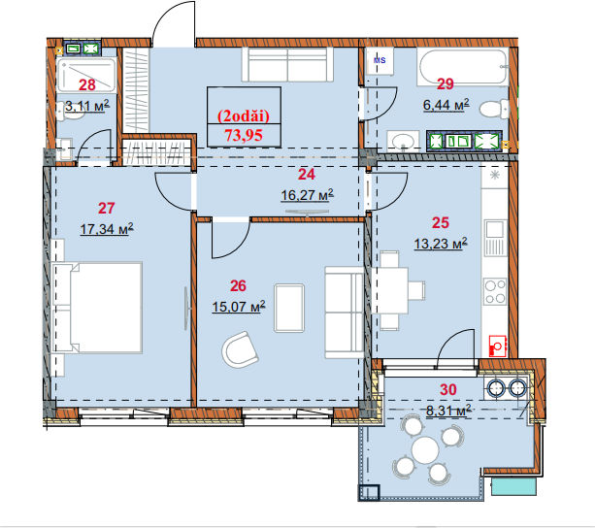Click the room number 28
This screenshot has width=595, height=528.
(x=87, y=85)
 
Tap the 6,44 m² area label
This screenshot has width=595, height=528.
(x=446, y=104)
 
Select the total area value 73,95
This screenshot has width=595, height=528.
(x=244, y=135)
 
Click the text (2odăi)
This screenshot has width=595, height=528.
(x=244, y=115)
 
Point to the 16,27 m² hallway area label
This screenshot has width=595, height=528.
(x=307, y=194)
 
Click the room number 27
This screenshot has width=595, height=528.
(x=106, y=209)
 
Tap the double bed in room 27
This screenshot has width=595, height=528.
(x=97, y=308)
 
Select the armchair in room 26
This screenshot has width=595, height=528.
(x=240, y=349)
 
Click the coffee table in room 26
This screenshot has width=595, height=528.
(x=289, y=309)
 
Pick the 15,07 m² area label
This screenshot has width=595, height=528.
(x=239, y=306)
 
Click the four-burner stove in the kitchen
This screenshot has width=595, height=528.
(x=495, y=291)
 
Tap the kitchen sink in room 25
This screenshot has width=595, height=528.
(x=495, y=238)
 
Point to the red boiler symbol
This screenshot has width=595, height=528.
(x=498, y=346)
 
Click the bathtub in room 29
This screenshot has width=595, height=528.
(x=463, y=67)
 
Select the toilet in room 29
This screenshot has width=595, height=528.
(x=494, y=110)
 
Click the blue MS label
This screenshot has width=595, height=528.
(x=380, y=60)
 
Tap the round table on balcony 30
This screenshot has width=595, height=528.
(x=425, y=449)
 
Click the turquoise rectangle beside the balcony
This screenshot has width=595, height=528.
(x=513, y=486)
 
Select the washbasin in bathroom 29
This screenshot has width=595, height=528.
(x=403, y=141)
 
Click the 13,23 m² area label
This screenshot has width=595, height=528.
(x=441, y=244)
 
